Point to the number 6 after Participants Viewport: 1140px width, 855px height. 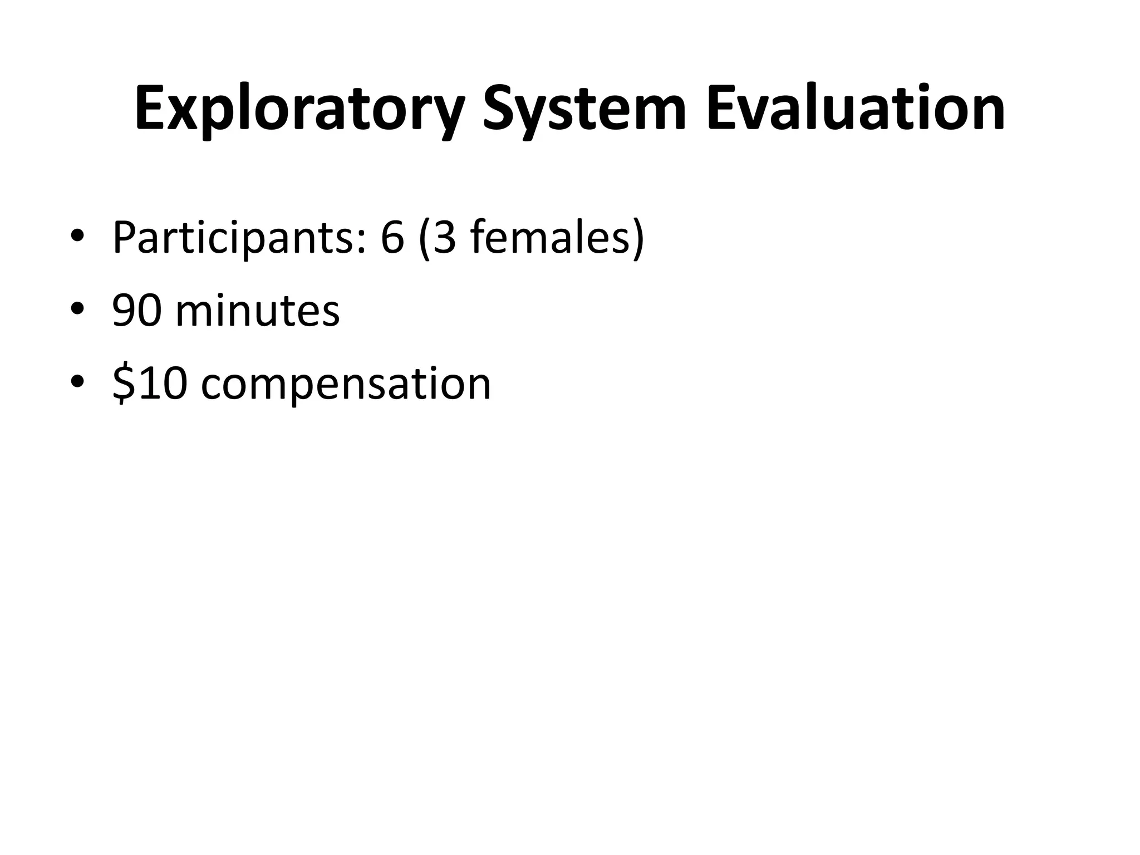pyautogui.click(x=392, y=238)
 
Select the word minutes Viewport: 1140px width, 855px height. pyautogui.click(x=257, y=311)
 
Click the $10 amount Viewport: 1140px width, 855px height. pyautogui.click(x=149, y=384)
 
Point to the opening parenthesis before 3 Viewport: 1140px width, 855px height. pyautogui.click(x=424, y=238)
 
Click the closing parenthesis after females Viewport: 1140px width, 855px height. pyautogui.click(x=638, y=238)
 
